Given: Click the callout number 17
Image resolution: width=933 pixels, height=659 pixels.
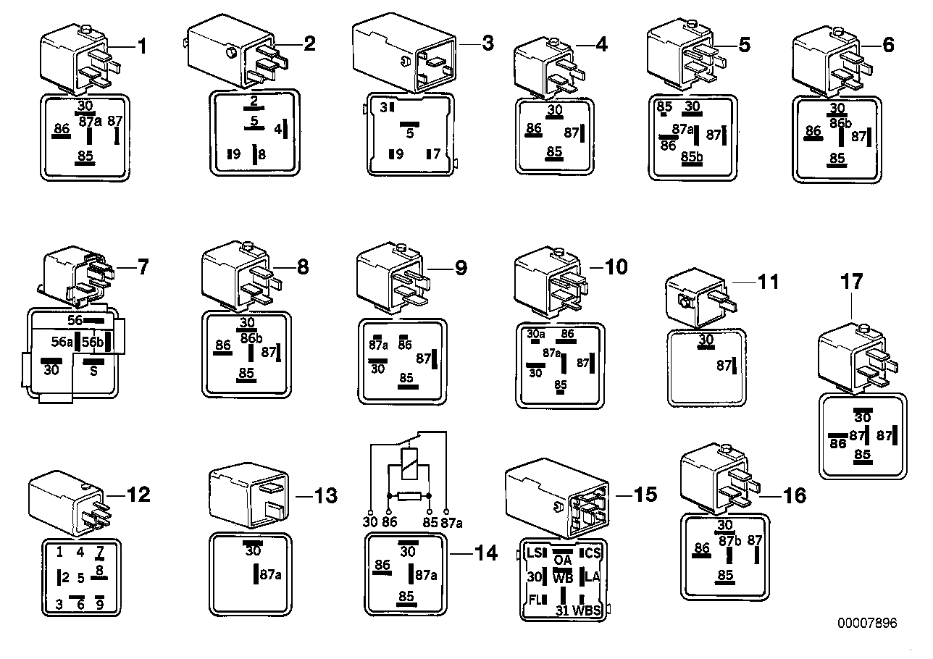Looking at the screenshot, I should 853,281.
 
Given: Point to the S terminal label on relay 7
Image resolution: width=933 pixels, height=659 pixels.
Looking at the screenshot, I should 93,371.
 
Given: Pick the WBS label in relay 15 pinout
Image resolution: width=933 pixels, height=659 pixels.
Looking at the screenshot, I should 587,610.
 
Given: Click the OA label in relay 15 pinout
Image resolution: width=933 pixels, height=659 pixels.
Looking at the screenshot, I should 563,560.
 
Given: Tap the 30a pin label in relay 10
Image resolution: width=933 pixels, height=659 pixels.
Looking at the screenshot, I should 536,334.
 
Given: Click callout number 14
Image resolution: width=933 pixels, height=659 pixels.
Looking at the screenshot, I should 486,554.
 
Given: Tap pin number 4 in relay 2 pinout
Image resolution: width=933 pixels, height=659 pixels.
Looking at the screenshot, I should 277,130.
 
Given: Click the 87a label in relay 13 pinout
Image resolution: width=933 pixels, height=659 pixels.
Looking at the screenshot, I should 270,575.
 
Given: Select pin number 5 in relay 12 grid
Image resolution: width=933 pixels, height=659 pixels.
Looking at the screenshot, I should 80,578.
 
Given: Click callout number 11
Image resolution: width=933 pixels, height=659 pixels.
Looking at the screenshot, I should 769,282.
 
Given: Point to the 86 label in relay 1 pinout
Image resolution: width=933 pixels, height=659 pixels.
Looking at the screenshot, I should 62,130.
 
